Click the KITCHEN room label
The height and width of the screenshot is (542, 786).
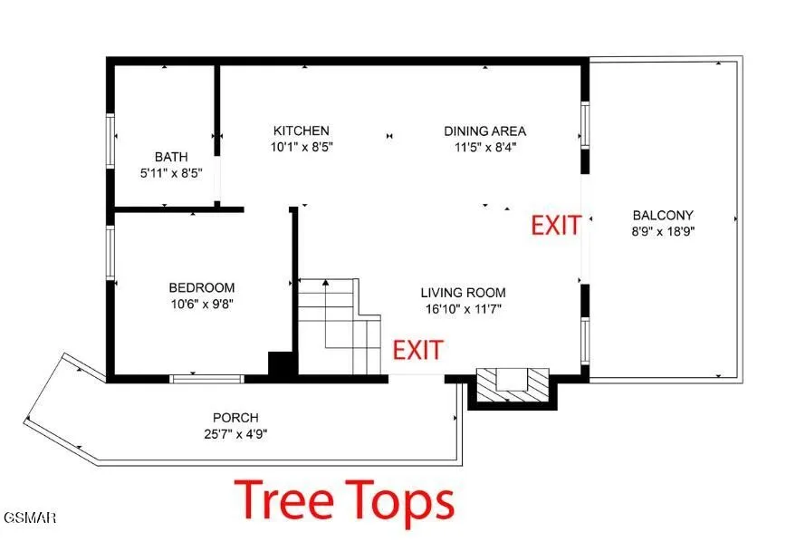pos(302,131)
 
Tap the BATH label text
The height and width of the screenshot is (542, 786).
pos(171,157)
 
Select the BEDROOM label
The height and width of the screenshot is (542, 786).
pos(202,287)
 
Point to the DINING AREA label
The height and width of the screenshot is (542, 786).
pos(485,131)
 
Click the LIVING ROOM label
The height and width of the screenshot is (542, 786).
pos(464,293)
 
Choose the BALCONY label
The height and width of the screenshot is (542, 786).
pos(663,216)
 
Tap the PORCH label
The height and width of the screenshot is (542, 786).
pos(235,418)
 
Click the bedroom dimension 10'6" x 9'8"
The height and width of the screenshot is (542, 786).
pos(203,304)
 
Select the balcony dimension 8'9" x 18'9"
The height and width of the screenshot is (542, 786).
pos(663,231)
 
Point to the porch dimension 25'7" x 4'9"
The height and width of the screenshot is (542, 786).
pos(235,433)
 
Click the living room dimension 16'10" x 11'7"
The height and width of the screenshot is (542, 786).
pos(464,309)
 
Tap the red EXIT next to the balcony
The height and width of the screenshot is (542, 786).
pos(556,226)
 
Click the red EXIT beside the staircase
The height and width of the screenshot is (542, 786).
pos(417,350)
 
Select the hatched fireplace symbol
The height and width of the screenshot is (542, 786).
pos(513,385)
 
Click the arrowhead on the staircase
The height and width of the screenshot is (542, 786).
pos(326,283)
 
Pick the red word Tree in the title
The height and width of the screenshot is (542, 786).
pos(283,499)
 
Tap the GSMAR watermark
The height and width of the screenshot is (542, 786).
pos(29,518)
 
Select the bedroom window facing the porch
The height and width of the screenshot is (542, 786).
pos(206,378)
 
